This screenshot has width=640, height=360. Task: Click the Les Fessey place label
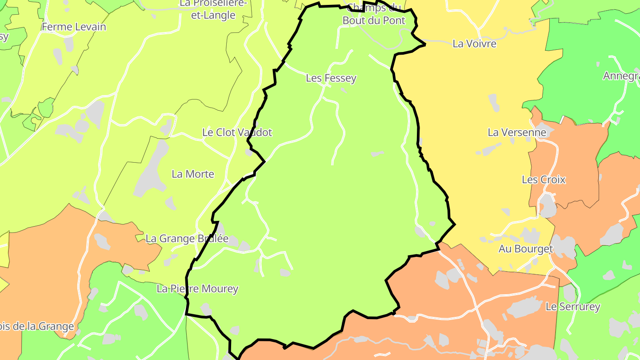(x=331, y=78)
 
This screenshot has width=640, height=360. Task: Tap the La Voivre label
(x=474, y=44)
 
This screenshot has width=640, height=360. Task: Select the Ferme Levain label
(x=74, y=27)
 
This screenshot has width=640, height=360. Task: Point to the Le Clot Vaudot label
(x=237, y=132)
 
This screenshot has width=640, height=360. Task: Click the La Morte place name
(x=193, y=174)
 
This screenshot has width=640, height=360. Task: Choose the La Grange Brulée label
(x=187, y=239)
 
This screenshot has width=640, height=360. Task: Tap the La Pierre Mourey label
(x=198, y=289)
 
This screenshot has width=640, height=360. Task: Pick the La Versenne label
(x=517, y=132)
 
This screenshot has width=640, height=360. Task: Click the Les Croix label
(x=544, y=180)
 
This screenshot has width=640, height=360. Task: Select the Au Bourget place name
(x=526, y=249)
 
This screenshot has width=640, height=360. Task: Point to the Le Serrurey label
(x=573, y=307)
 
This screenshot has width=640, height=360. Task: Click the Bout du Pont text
(x=374, y=20)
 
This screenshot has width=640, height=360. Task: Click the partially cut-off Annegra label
(x=621, y=76)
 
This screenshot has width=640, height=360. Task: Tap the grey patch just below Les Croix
(x=548, y=206)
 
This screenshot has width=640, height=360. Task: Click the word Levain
(x=90, y=27)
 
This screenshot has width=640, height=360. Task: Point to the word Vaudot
(x=254, y=132)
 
